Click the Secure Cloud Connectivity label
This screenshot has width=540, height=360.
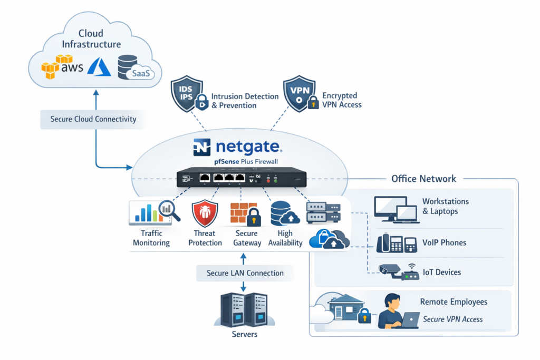tap(93, 119)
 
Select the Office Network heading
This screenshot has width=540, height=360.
tap(423, 179)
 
